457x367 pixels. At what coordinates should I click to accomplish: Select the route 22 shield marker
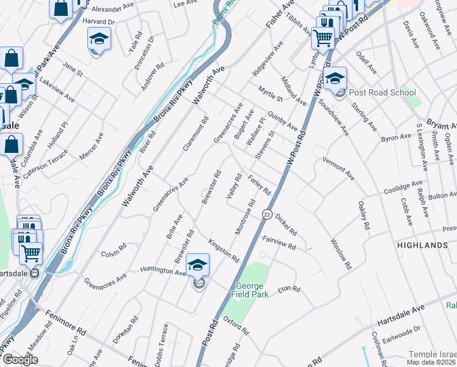[267, 214]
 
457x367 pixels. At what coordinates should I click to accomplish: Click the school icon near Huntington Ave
[197, 266]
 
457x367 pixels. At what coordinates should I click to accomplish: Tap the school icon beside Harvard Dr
[98, 39]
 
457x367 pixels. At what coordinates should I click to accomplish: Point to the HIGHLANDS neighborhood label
[422, 245]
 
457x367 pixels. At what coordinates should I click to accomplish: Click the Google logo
[20, 360]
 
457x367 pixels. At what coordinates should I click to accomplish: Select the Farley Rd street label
[260, 185]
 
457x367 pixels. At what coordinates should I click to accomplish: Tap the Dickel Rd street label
[285, 224]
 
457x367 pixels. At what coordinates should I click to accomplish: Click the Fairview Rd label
[279, 243]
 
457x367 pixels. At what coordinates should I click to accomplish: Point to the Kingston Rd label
[223, 250]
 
